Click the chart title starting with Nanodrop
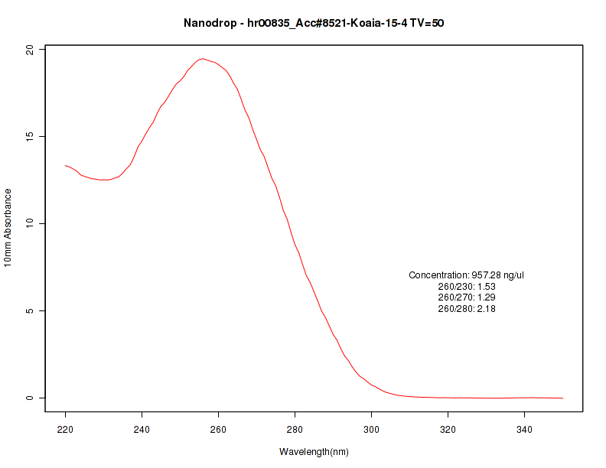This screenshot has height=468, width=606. point(314,23)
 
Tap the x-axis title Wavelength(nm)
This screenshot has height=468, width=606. point(314,451)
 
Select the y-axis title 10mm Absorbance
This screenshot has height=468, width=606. point(8,227)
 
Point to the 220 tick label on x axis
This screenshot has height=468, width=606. point(66,429)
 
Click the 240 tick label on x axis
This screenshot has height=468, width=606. point(142,429)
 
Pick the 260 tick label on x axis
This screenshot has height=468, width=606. point(219,429)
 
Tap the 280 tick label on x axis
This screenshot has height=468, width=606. point(295,429)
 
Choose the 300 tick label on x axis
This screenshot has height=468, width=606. point(372,429)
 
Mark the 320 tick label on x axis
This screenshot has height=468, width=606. point(448,429)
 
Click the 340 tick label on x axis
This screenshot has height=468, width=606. point(525,429)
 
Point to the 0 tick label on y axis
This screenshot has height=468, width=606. point(31,398)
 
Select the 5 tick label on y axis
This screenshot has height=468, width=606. point(31,311)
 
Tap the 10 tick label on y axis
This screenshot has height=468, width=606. point(28,224)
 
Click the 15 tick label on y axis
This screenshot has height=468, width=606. point(28,137)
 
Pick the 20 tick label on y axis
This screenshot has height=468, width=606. point(28,50)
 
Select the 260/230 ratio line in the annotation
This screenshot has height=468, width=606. point(467,286)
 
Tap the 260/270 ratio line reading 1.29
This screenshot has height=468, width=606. point(467,297)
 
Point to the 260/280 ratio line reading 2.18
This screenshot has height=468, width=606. point(467,308)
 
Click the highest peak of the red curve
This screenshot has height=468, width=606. point(202,59)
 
